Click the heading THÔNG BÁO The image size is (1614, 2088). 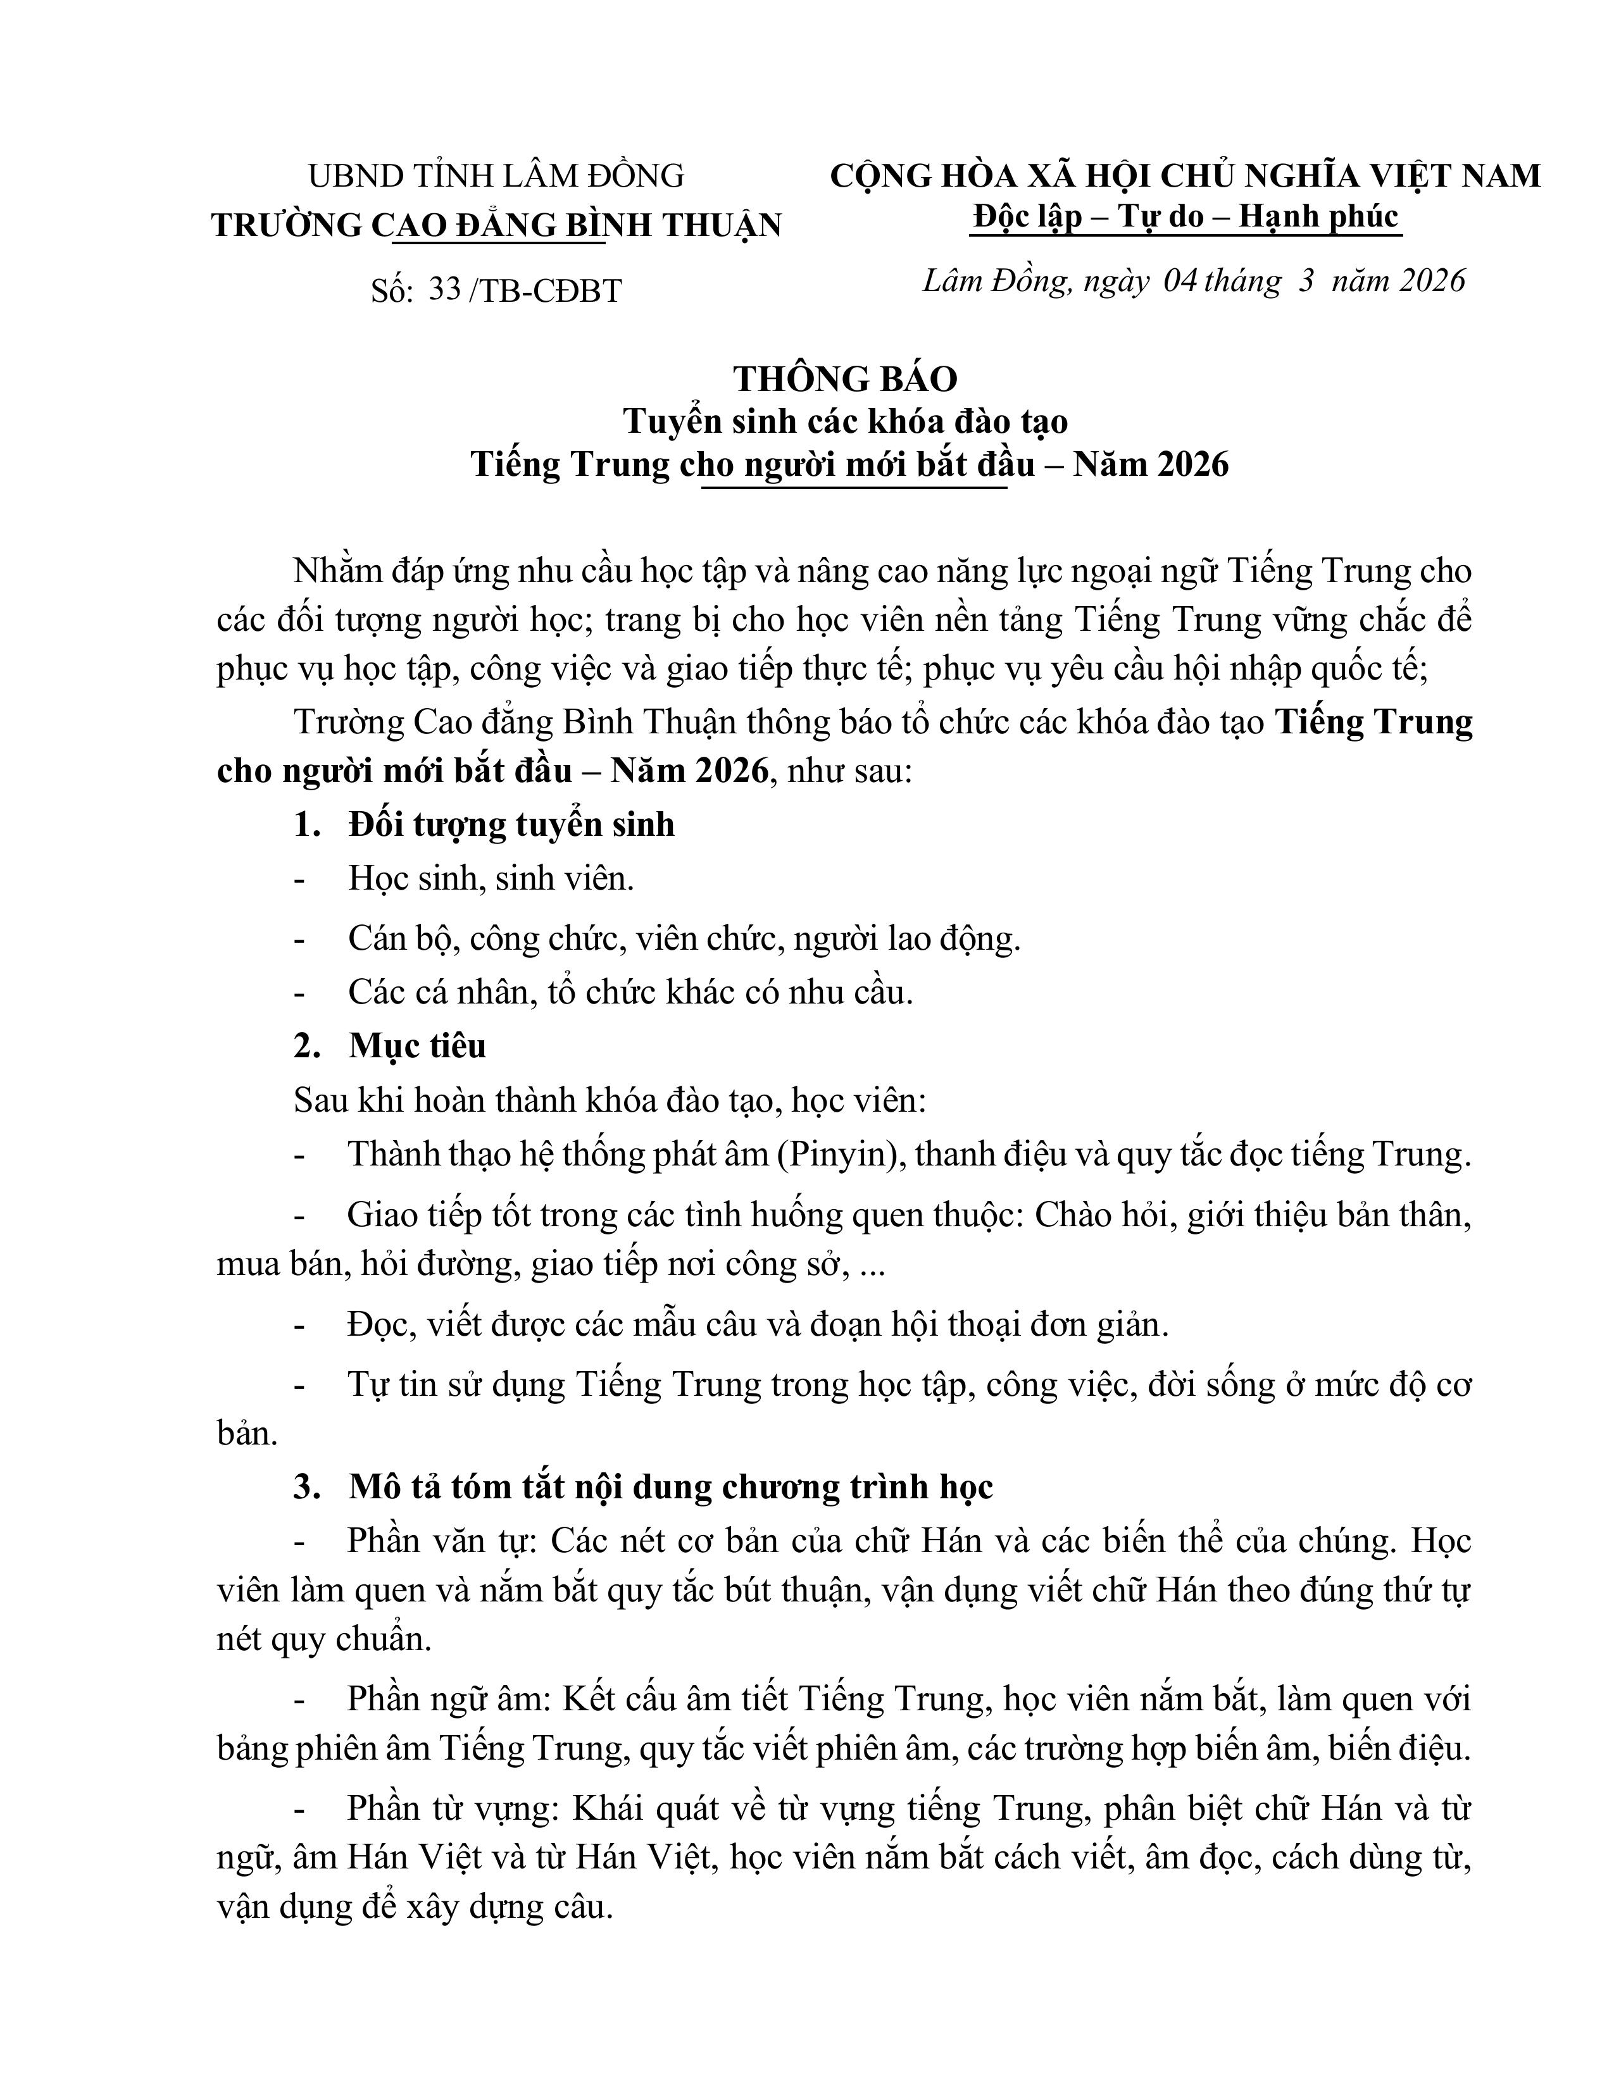(845, 380)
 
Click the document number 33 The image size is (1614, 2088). (444, 290)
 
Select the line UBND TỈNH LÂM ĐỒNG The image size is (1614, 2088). (496, 176)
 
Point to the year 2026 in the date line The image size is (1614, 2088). (1429, 280)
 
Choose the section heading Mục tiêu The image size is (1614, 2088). (418, 1046)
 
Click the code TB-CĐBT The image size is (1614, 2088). (550, 290)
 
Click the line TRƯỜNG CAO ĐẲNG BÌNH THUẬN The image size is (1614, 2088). (496, 225)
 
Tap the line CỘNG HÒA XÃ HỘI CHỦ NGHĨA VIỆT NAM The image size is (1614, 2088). (1185, 176)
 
